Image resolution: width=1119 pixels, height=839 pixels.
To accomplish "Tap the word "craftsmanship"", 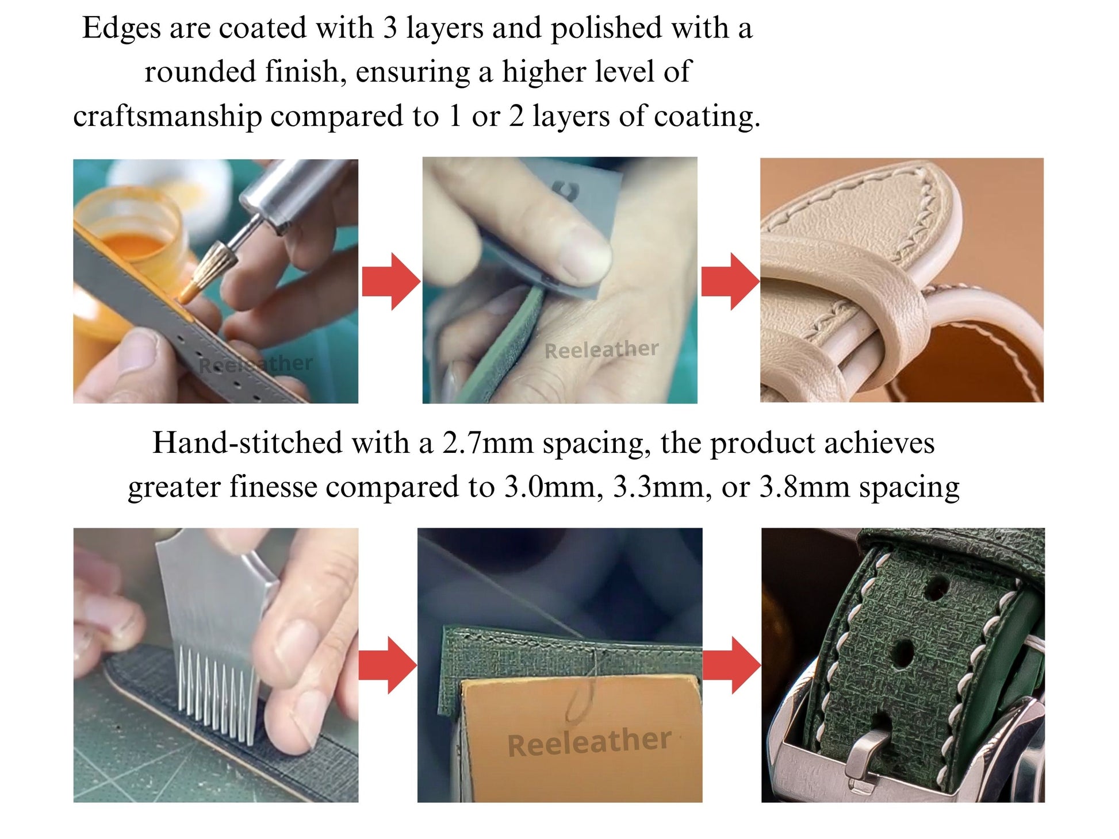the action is point(167,117).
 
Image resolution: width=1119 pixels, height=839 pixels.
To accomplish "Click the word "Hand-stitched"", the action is point(248,444).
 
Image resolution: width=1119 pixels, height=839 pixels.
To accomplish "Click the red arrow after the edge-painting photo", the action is point(391,282).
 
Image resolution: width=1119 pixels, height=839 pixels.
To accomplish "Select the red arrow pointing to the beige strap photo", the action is point(730,282).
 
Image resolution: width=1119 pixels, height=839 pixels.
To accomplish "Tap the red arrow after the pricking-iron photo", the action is point(388,665).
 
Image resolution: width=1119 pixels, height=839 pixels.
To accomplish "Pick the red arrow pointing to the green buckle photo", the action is point(732,665).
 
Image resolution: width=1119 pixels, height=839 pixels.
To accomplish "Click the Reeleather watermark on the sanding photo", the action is point(601,349).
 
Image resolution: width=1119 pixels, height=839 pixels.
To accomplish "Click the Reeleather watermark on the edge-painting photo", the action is point(255,364).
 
